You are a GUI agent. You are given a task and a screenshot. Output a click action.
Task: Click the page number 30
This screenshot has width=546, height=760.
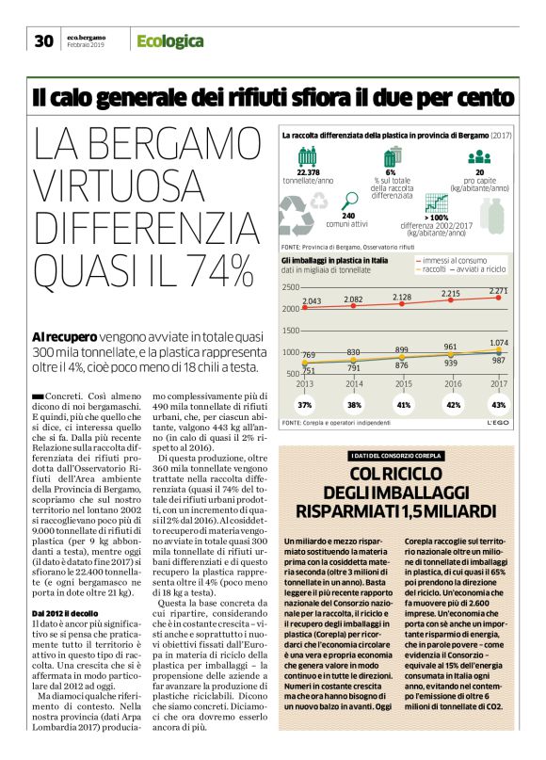coord(43,40)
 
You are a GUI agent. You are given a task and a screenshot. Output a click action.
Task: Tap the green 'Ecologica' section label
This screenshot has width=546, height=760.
coord(169,40)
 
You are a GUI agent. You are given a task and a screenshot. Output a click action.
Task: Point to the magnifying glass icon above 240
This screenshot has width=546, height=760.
coord(350,201)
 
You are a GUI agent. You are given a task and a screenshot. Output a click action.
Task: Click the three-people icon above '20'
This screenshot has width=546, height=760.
coord(479,157)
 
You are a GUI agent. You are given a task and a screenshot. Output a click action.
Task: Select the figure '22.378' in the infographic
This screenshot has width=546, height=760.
coord(308,172)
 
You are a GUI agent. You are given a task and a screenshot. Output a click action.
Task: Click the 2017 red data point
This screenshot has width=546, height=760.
coord(500,274)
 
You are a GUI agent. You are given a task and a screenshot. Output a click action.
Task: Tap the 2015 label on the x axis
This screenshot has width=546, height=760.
coord(402,384)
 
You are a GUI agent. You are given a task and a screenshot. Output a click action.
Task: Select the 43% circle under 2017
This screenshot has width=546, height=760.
coord(498,404)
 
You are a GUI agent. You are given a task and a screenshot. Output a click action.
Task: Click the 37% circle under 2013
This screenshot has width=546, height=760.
coord(305,404)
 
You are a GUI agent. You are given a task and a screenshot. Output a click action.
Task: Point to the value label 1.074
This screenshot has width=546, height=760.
coord(499,342)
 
